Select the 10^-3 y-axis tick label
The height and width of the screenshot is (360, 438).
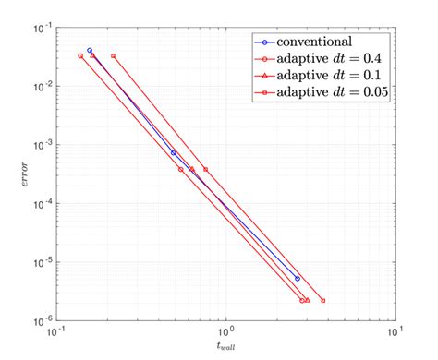pos(43,146)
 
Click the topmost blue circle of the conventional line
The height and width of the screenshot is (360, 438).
pos(90,51)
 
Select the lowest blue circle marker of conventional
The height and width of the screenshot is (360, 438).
pos(297,278)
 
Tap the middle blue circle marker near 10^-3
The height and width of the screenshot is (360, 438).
pos(174,152)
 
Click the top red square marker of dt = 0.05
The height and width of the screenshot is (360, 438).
pos(113,56)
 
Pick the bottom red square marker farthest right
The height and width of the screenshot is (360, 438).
pos(322,300)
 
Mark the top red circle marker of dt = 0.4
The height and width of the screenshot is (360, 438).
pos(80,56)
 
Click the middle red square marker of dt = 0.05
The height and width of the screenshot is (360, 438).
pos(205,169)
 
